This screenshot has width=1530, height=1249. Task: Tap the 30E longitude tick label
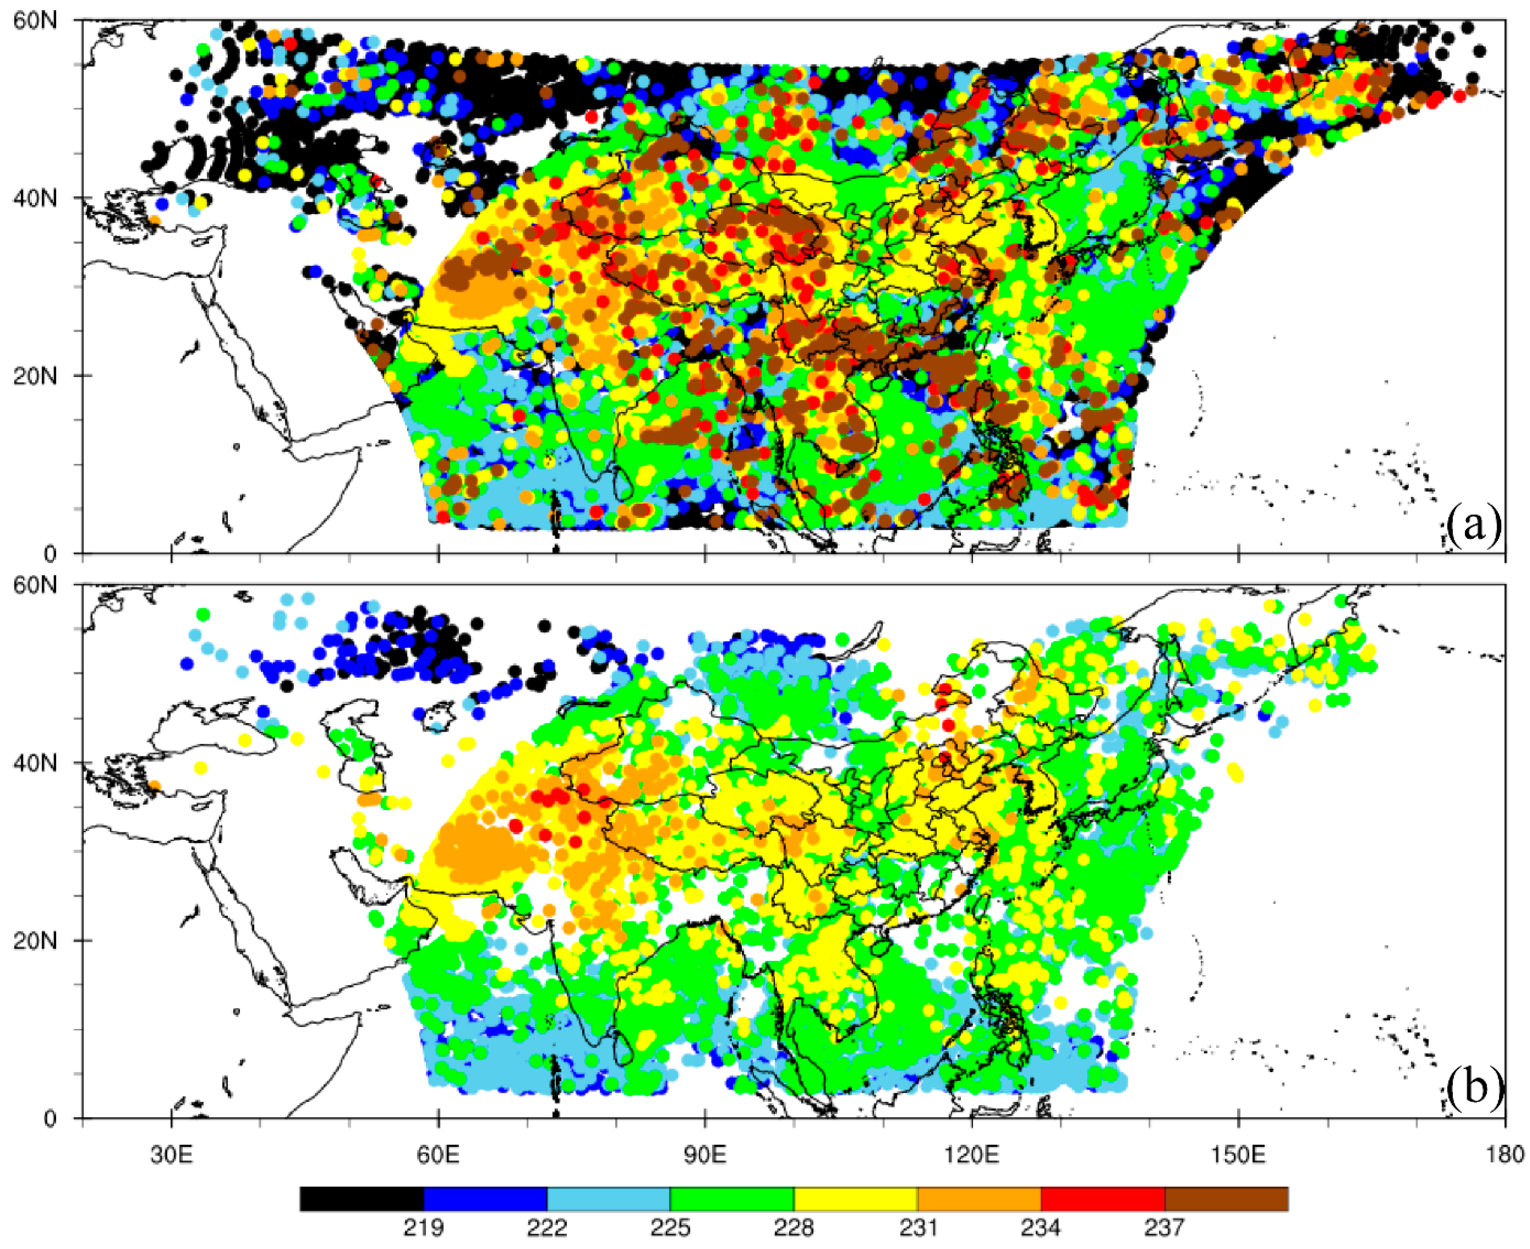coord(171,1155)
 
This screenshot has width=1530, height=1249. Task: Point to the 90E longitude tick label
coord(705,1155)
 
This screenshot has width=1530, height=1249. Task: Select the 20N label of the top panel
coord(35,376)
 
